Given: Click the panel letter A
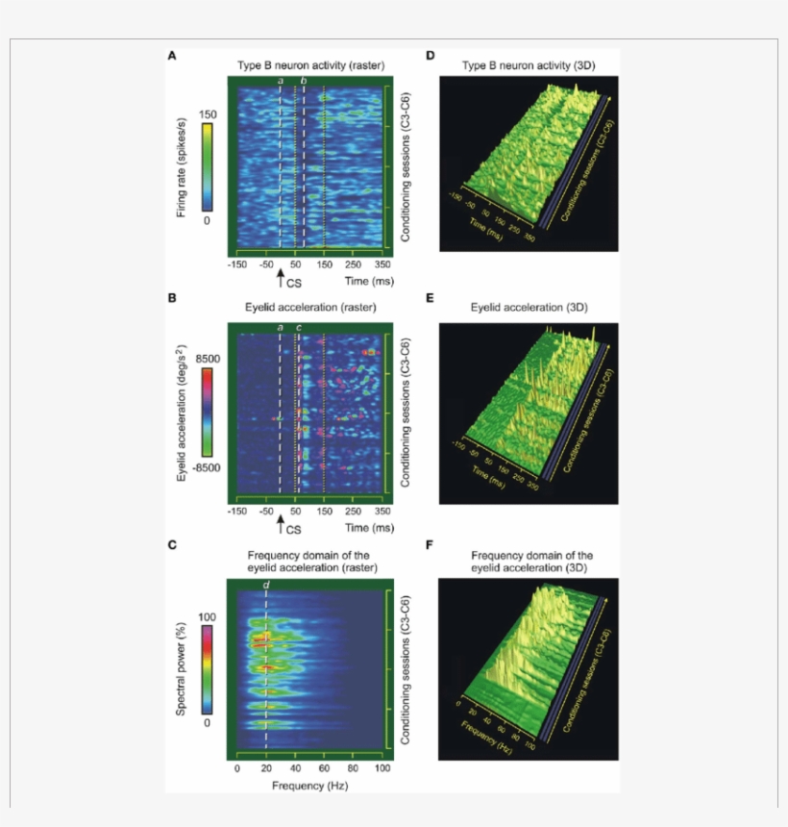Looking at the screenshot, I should pos(171,56).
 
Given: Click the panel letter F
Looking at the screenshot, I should pos(430,544).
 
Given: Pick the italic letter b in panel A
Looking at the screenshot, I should pos(304,82).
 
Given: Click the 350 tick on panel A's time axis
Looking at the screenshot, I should pos(382,264).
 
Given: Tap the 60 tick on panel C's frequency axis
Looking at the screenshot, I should pos(325,770).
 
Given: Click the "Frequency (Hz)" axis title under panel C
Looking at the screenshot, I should pos(308,786).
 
